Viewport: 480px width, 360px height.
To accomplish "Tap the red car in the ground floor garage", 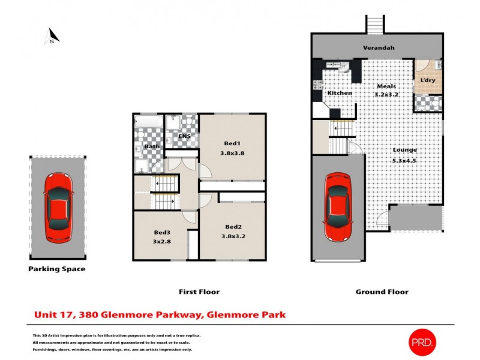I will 338,206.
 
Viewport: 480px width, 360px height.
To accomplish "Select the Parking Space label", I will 57,269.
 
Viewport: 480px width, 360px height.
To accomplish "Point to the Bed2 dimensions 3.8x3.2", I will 233,236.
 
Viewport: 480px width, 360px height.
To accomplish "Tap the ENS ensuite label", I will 185,137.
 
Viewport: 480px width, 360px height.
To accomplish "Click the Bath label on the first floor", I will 152,146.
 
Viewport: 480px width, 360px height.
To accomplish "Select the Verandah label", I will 377,47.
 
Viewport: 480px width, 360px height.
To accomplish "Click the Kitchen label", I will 338,94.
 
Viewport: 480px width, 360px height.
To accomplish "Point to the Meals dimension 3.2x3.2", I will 386,95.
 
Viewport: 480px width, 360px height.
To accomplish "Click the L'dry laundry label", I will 427,80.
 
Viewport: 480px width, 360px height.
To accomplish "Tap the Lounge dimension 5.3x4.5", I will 405,160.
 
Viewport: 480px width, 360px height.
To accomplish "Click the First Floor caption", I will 199,292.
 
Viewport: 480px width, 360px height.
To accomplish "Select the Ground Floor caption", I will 382,292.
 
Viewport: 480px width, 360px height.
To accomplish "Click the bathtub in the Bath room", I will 148,123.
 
